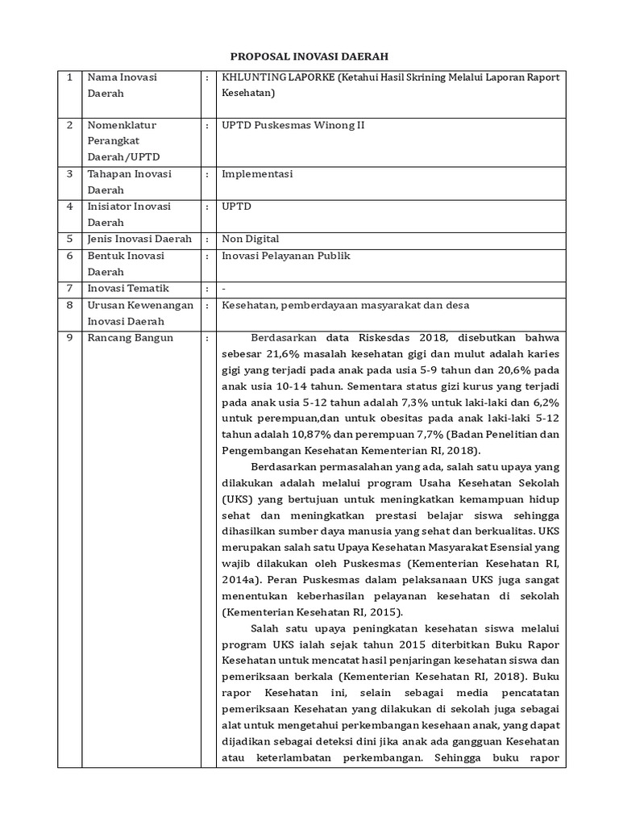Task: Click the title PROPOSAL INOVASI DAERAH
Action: (x=309, y=56)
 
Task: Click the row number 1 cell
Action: (x=70, y=78)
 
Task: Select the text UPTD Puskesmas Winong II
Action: (x=293, y=126)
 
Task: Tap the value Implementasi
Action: (x=257, y=174)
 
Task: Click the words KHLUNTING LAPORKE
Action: (x=277, y=78)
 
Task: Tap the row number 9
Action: (x=70, y=337)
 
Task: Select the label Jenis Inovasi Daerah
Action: (x=139, y=239)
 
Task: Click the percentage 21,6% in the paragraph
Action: (x=281, y=353)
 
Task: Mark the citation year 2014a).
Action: (x=241, y=580)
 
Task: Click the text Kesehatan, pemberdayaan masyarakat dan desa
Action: (x=346, y=305)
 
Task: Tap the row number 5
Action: (x=70, y=239)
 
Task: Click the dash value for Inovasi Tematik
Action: (x=224, y=288)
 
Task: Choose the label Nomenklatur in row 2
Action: (x=122, y=126)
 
